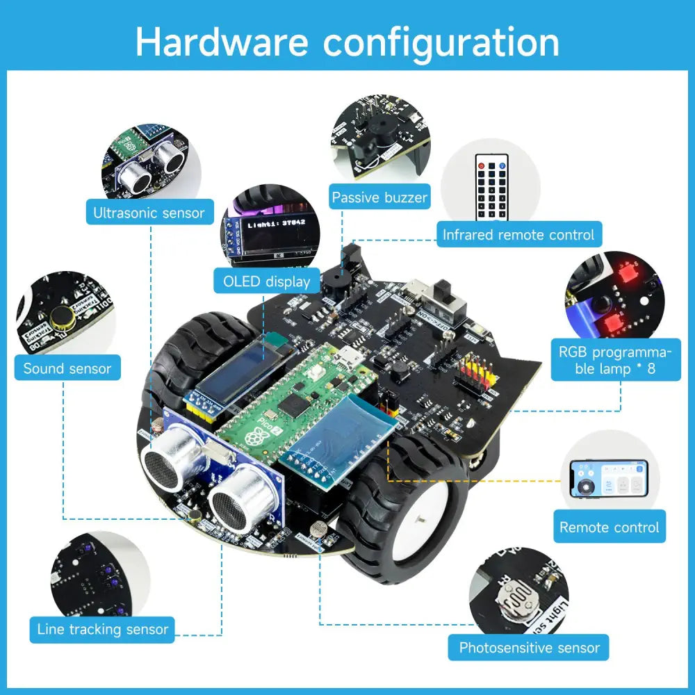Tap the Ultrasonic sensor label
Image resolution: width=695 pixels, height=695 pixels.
pos(149,212)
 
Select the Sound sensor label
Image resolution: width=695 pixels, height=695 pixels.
pos(67,368)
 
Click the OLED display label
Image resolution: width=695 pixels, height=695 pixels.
pos(266,281)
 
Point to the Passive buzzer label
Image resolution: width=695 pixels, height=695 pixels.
pos(379,197)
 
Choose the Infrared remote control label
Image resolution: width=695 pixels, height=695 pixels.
pos(518,235)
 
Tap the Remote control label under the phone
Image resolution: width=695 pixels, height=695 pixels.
pos(609,527)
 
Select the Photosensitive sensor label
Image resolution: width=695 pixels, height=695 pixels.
pos(529,648)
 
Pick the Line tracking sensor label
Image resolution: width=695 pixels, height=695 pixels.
pos(102,630)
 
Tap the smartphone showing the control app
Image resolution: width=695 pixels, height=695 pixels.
pos(608,479)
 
